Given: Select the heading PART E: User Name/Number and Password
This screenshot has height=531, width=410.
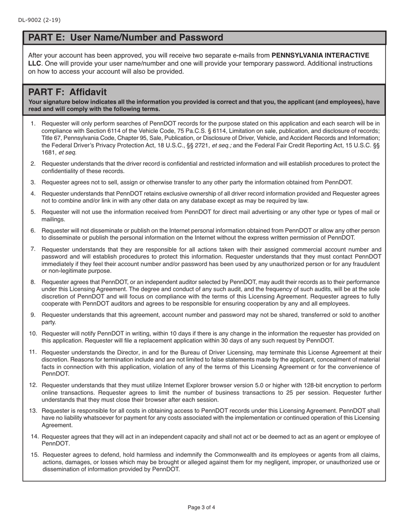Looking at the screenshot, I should coord(126,38).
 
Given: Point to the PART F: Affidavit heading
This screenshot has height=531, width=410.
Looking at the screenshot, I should coord(67,92).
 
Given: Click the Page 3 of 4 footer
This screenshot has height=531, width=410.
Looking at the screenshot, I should coord(201,507).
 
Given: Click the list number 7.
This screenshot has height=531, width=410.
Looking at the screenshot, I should coord(33,249).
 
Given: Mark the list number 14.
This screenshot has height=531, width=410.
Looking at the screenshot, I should coord(35,436).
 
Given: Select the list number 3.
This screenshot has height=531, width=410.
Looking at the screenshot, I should coord(33,182).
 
